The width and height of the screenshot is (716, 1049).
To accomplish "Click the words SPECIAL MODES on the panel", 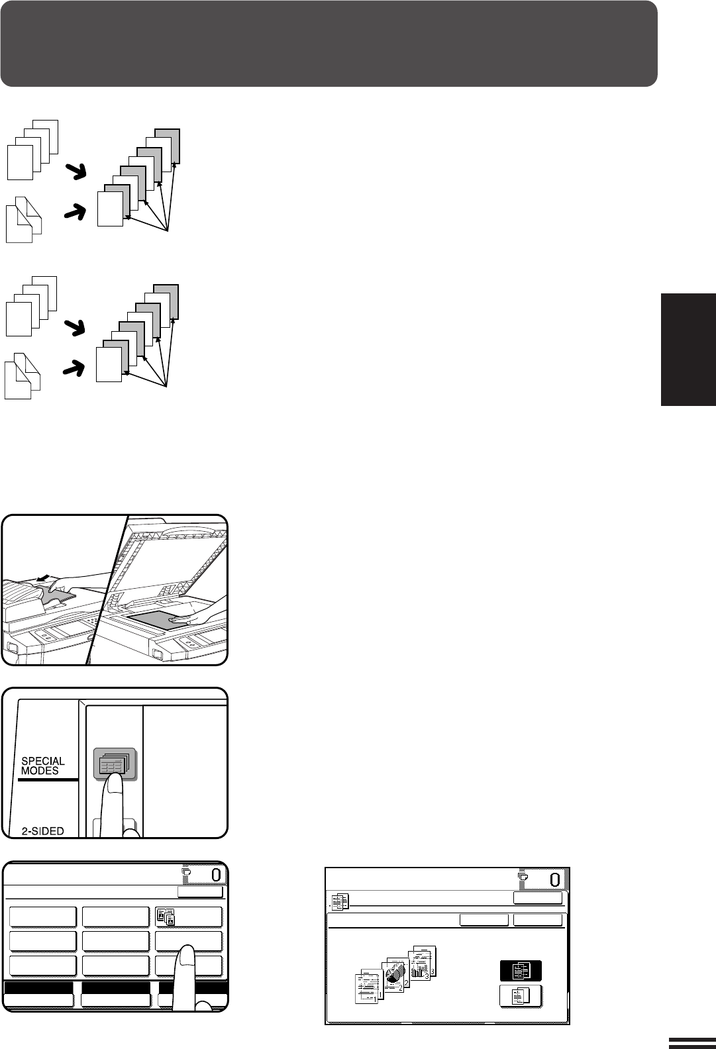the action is tap(42, 766).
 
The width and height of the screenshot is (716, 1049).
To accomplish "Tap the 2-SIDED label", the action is tap(42, 831).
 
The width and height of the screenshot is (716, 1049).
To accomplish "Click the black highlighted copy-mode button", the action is tap(521, 971).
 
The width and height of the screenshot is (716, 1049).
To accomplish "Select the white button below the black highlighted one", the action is tap(521, 995).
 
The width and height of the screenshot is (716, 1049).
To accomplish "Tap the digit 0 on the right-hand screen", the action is tap(555, 879).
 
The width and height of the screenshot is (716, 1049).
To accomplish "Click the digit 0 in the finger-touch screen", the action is tap(216, 874).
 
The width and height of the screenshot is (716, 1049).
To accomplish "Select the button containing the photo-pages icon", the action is tap(188, 917).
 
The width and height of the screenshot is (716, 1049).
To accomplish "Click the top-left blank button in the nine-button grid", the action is tap(42, 917).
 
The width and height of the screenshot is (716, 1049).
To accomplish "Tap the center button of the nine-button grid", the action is tap(116, 941).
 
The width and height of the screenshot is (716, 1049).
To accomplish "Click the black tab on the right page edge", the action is tap(688, 350).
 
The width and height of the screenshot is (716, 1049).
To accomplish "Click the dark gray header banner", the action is tap(329, 44).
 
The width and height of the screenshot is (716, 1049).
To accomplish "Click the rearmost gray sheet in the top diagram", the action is tap(167, 146).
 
